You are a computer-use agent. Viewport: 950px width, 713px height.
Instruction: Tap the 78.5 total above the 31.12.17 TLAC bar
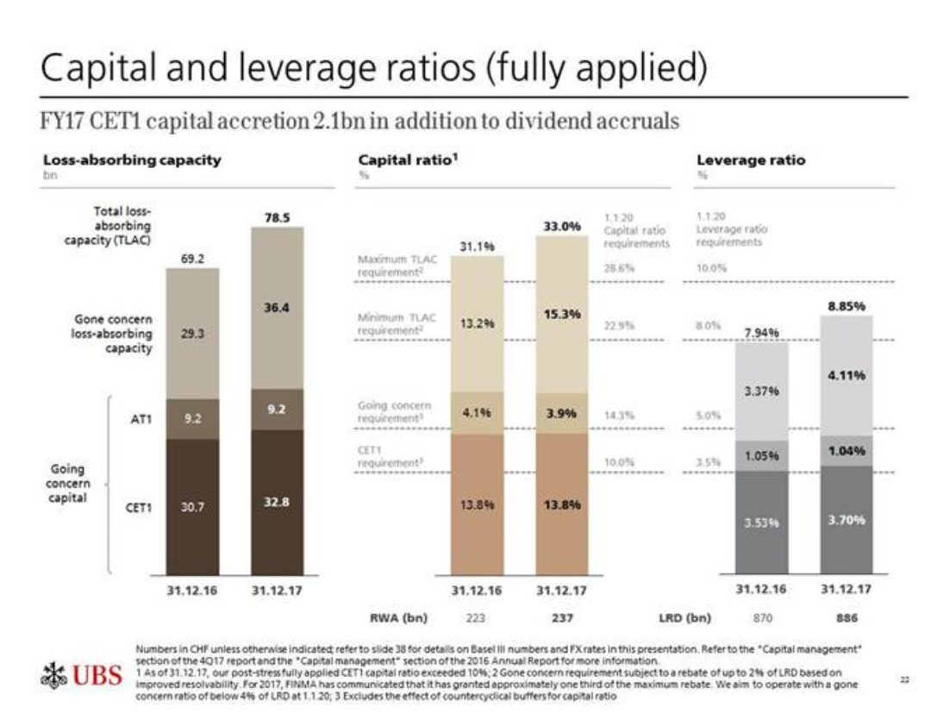coord(277,219)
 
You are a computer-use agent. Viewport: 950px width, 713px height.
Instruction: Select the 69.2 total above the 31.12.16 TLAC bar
coord(192,258)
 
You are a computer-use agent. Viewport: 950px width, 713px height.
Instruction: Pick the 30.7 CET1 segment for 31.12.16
coord(192,508)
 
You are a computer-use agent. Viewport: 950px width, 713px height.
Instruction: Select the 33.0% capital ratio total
coord(561,225)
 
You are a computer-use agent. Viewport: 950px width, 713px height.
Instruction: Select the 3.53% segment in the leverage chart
coord(761,522)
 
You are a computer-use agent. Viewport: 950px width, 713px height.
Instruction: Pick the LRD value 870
coord(761,617)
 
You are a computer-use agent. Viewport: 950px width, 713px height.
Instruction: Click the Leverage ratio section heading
coord(750,160)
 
